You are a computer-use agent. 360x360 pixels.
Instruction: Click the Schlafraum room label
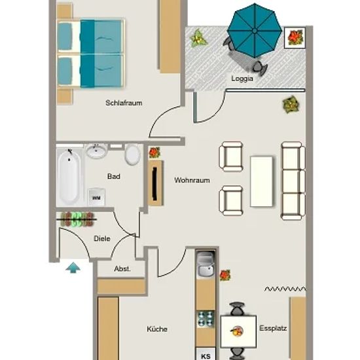point(124,103)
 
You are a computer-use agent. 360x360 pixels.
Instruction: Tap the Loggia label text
point(242,79)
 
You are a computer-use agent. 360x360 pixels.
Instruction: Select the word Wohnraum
point(192,180)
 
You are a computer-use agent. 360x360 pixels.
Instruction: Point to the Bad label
point(114,176)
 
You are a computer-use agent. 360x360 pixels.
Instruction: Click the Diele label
point(102,238)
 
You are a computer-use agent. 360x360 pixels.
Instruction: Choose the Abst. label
point(122,268)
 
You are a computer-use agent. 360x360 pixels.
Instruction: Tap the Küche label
point(157,329)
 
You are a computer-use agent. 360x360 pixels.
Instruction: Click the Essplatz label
point(273,329)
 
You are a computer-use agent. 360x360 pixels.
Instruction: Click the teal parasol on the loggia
point(255,31)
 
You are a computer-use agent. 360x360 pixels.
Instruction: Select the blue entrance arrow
point(73,268)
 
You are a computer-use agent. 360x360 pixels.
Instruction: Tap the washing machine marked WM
point(96,197)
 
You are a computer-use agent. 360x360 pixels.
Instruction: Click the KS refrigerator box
point(206,354)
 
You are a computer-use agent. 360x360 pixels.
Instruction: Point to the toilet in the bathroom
point(132,154)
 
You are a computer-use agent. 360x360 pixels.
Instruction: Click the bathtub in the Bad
point(69,177)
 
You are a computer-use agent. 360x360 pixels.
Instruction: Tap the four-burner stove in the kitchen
point(206,319)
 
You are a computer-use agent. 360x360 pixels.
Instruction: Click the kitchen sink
point(206,264)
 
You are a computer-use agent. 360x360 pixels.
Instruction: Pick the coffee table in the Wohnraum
point(262,181)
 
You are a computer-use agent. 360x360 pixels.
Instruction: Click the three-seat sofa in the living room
point(293,181)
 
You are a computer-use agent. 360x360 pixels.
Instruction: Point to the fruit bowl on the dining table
point(237,331)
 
